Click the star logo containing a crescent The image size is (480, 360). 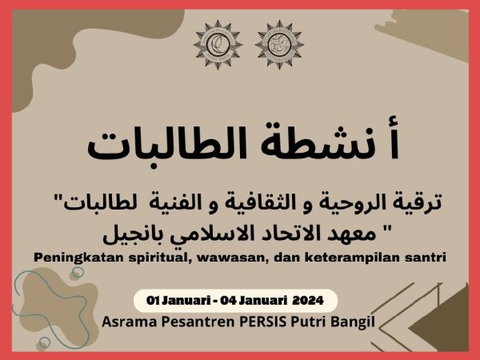[x=218, y=45]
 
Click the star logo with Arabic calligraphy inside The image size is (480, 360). [x=279, y=45]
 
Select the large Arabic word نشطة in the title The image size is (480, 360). [x=314, y=142]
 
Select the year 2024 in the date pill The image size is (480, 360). [x=308, y=300]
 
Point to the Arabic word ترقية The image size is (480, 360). [x=419, y=203]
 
